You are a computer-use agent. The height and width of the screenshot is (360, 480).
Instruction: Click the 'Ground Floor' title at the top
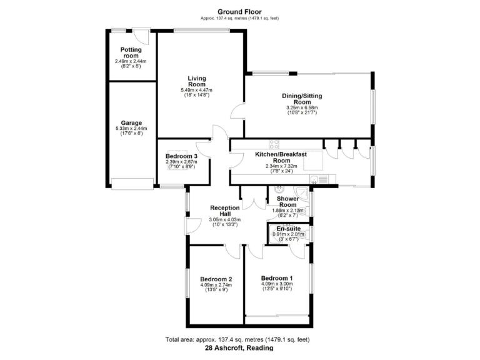click(239, 11)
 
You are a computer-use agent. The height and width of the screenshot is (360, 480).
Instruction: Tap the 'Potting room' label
click(131, 52)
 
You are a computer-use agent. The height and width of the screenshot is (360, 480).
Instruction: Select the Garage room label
click(131, 123)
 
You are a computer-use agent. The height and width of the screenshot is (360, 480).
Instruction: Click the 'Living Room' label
click(197, 81)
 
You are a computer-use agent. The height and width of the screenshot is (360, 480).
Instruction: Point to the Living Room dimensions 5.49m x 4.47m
click(197, 90)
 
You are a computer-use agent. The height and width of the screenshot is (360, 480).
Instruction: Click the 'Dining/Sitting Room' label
click(302, 99)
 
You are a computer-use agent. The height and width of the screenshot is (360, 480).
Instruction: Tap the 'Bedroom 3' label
click(182, 156)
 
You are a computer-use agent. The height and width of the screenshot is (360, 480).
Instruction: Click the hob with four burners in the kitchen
click(274, 144)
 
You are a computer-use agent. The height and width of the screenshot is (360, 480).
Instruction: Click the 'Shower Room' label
click(287, 201)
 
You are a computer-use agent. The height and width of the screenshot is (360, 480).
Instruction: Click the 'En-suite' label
click(287, 229)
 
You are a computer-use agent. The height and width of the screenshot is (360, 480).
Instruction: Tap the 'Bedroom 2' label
click(216, 279)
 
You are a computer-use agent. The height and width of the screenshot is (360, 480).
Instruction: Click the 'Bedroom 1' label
click(277, 277)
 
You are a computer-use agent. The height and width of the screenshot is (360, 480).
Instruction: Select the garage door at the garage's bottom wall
click(132, 183)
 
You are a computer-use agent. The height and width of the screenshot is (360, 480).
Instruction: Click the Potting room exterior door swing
click(144, 36)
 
